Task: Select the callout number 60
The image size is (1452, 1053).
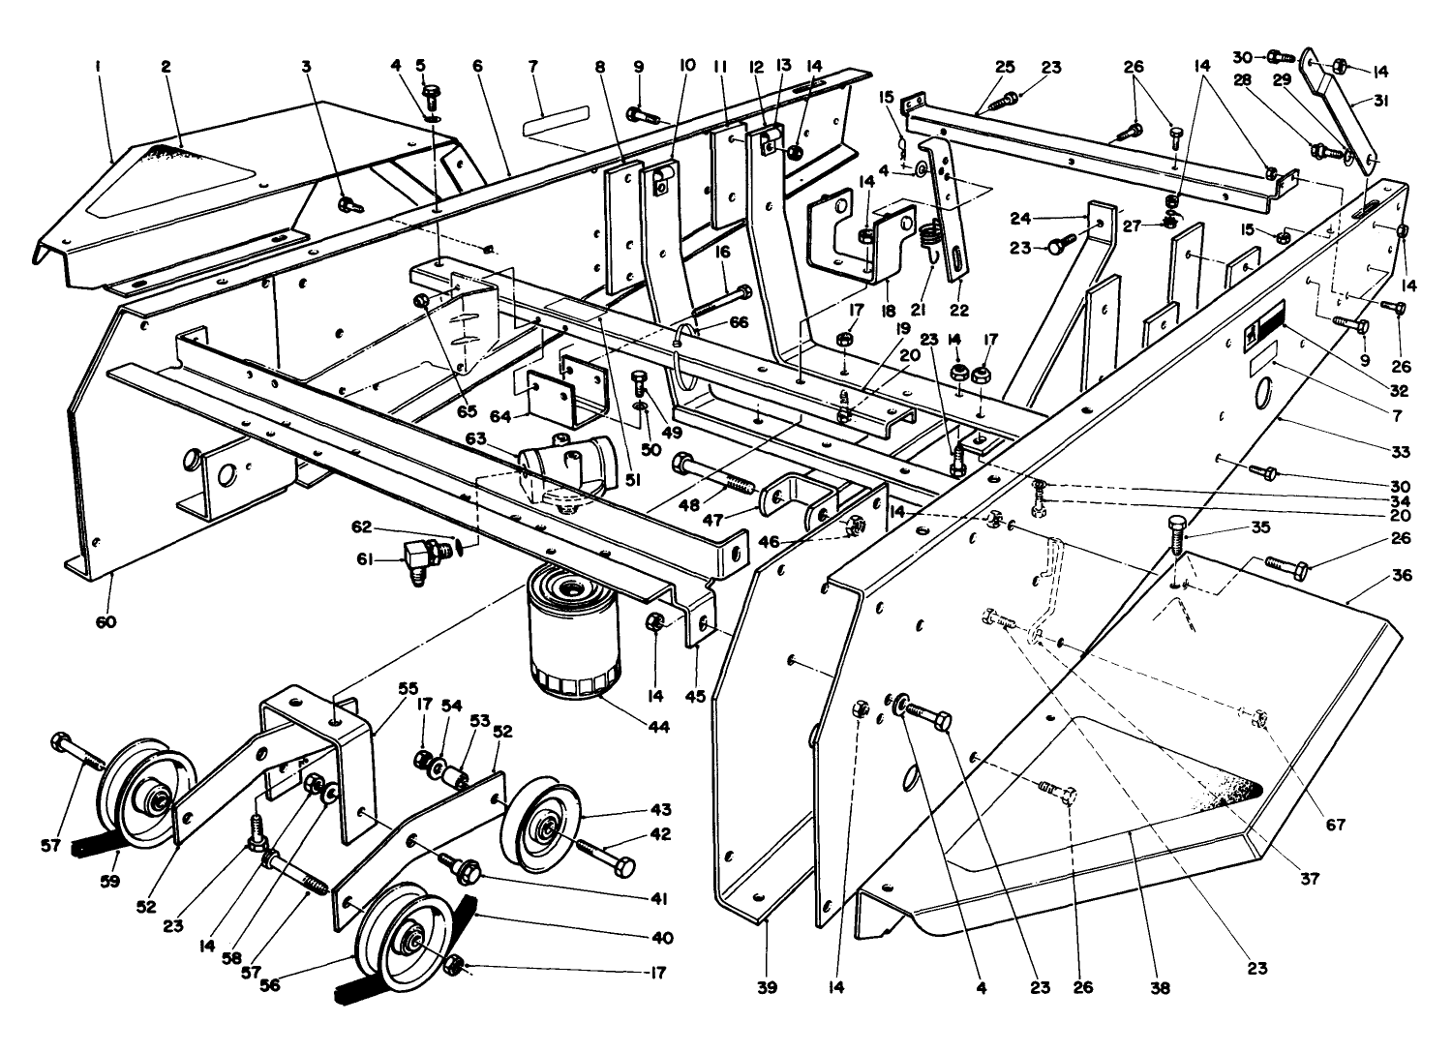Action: (106, 621)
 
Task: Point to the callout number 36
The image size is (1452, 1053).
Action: (1402, 576)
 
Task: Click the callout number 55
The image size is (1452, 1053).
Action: (408, 688)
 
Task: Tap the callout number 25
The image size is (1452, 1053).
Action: (1005, 67)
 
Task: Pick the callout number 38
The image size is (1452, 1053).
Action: (1160, 988)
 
